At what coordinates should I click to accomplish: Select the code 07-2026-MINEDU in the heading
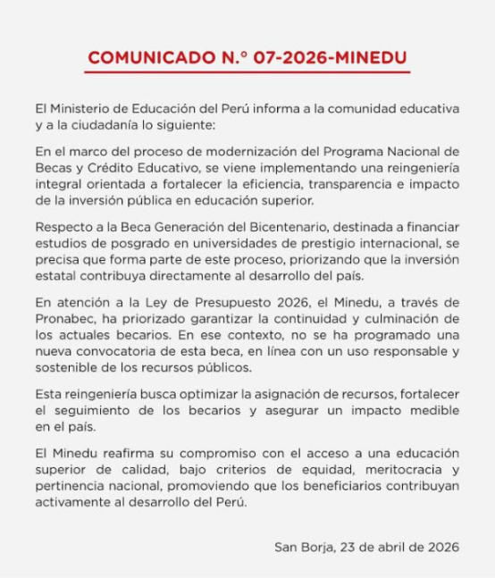pos(332,58)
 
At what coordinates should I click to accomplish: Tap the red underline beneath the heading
pos(247,72)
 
